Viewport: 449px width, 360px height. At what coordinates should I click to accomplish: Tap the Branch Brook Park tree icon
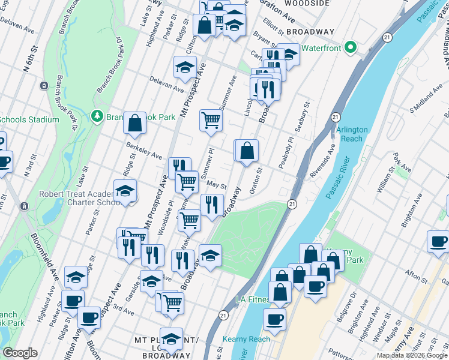pyautogui.click(x=96, y=115)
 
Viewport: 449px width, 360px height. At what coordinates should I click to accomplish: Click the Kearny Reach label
pyautogui.click(x=246, y=339)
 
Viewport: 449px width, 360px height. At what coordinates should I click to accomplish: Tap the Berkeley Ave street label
pyautogui.click(x=144, y=151)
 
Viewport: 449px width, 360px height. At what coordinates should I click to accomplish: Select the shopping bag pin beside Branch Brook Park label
pyautogui.click(x=135, y=122)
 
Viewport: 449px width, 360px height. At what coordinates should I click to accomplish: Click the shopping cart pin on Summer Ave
pyautogui.click(x=211, y=120)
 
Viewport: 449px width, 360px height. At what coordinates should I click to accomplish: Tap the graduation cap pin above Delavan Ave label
pyautogui.click(x=185, y=67)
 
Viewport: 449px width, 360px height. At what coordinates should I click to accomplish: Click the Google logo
pyautogui.click(x=20, y=353)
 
